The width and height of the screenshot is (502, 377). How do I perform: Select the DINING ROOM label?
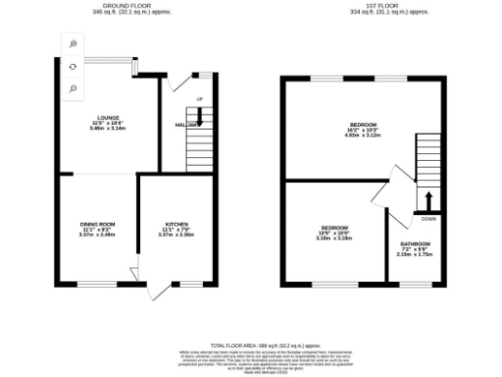point(97,224)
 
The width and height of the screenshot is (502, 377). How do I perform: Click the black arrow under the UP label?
point(200,116)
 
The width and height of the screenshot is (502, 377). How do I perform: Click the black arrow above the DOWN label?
point(427,201)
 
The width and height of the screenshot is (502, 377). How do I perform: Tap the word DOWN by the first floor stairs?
point(427,219)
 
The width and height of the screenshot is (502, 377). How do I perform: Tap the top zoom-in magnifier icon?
point(74,43)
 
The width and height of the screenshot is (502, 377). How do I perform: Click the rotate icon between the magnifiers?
point(74,66)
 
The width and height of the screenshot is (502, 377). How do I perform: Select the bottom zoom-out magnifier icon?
point(74,88)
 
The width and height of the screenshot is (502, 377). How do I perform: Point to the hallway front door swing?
point(177,83)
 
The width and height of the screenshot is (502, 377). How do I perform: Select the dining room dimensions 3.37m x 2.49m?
point(97,235)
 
